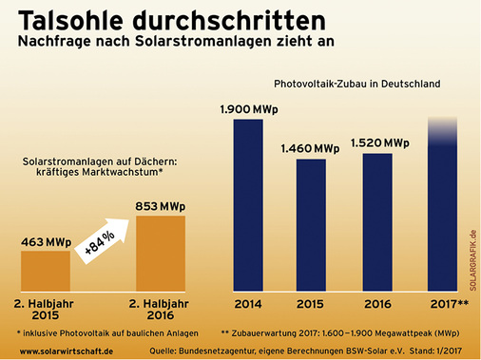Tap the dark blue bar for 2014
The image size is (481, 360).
click(x=247, y=203)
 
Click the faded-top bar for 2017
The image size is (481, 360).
click(x=443, y=209)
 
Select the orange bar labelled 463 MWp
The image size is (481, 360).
click(x=45, y=270)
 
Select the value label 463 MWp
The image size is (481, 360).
click(x=45, y=240)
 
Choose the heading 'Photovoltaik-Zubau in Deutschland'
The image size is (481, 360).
click(x=356, y=84)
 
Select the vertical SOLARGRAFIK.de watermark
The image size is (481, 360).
click(x=472, y=261)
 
